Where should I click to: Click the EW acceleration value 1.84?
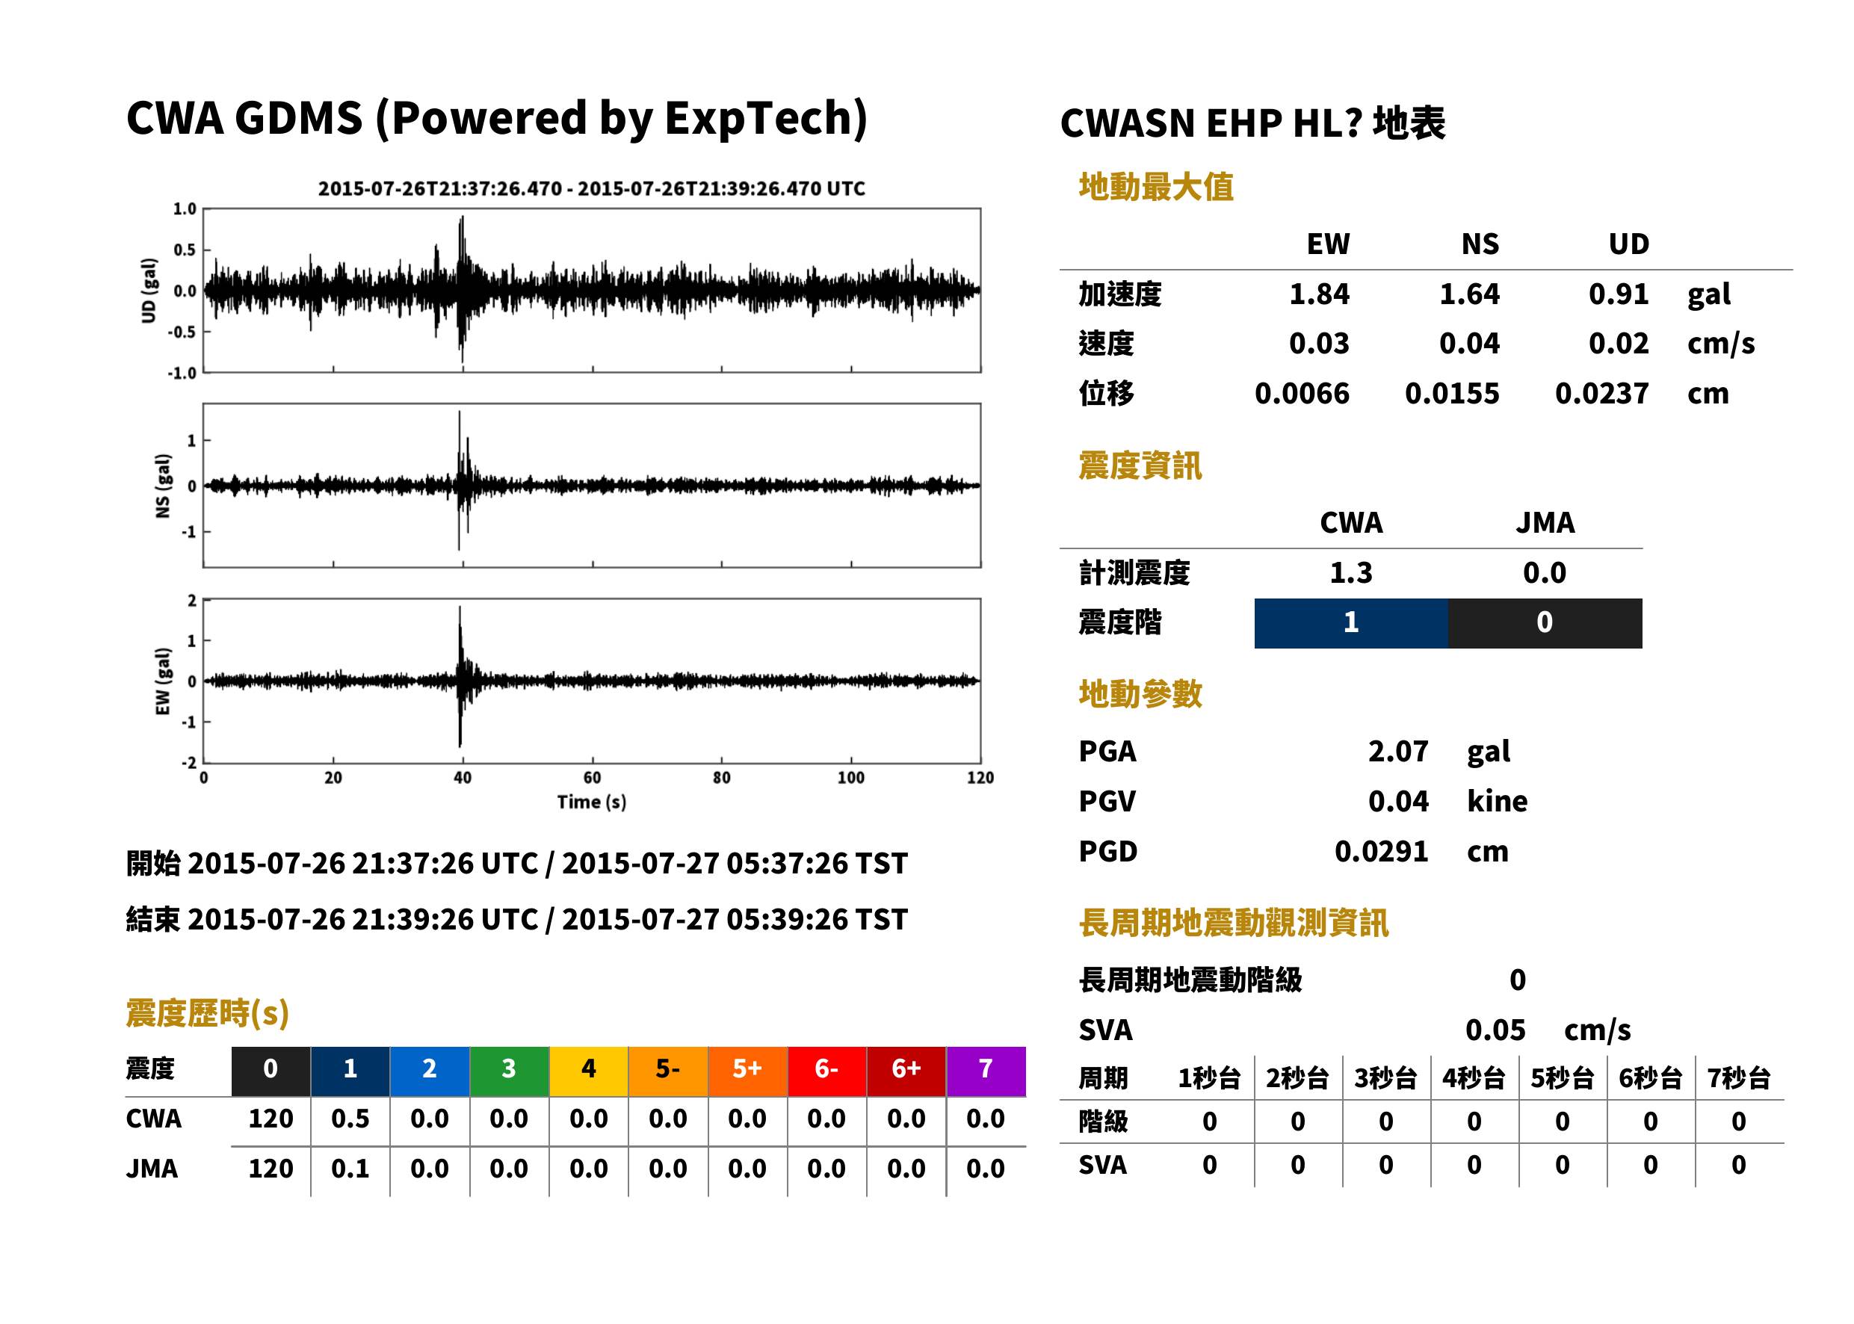[x=1318, y=294]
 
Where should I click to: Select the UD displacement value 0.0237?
[x=1601, y=393]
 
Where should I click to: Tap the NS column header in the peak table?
[x=1480, y=244]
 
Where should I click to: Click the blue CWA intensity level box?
[x=1351, y=623]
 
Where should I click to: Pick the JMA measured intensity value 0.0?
[x=1544, y=572]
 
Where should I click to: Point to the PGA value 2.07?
[x=1397, y=751]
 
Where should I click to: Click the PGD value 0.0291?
[x=1381, y=851]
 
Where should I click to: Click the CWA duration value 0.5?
[x=350, y=1119]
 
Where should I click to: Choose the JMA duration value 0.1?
[x=350, y=1169]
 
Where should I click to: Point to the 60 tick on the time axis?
[x=592, y=777]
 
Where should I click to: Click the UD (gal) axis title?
[x=149, y=290]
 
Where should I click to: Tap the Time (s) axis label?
[x=592, y=802]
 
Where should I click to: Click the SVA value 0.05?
[x=1495, y=1030]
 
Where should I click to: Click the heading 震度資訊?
[x=1140, y=465]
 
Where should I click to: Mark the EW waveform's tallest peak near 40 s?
[x=460, y=607]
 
